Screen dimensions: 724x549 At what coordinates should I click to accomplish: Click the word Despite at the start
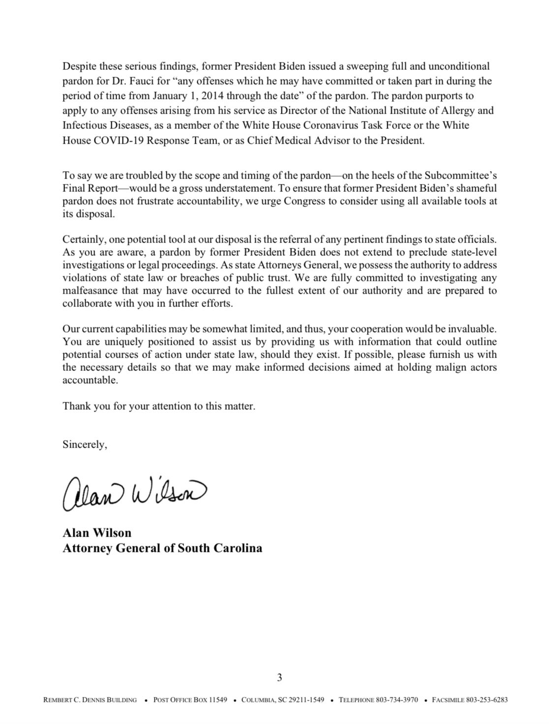pos(79,66)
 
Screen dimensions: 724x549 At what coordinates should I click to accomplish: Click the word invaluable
pos(471,328)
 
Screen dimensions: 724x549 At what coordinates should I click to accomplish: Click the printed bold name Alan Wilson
pos(97,533)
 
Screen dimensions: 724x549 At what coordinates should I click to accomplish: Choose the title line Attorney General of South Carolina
pos(162,548)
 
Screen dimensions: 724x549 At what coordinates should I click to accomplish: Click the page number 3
pos(279,678)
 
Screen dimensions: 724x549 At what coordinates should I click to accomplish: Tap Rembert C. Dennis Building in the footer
pos(90,700)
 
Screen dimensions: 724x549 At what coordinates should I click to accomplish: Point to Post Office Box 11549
pos(190,700)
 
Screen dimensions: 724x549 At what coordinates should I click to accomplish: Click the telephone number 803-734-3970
pos(397,700)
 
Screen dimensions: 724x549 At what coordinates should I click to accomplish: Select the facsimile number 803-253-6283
pos(487,700)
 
